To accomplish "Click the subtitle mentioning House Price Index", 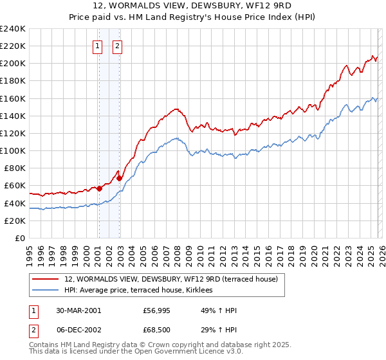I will (x=193, y=17).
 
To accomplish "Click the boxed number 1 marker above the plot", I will (x=97, y=46).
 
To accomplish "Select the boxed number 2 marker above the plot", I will (x=118, y=46).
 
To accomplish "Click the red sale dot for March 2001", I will (x=100, y=188).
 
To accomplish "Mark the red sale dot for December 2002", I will (x=120, y=178).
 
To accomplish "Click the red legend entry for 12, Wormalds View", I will (x=170, y=279).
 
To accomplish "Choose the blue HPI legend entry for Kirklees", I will (x=143, y=291).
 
